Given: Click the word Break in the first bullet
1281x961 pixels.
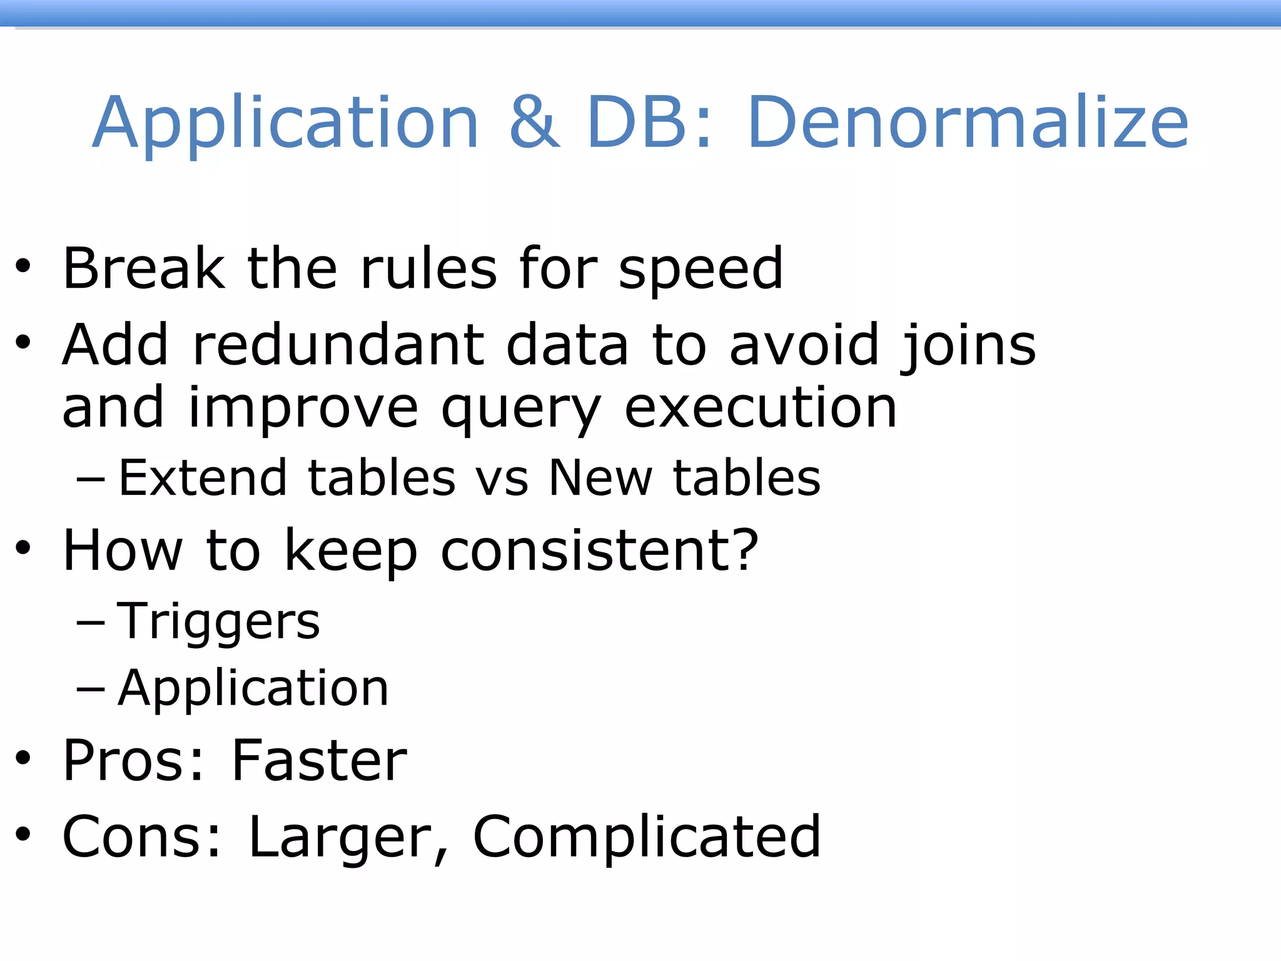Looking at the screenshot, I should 144,268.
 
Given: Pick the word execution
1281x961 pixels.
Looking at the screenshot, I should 761,408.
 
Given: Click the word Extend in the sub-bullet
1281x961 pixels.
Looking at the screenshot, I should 203,478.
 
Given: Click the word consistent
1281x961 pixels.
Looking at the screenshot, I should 587,551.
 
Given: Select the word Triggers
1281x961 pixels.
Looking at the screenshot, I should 218,623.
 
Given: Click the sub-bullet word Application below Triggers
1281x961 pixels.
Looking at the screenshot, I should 253,689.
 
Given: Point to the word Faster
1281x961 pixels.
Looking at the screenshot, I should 319,761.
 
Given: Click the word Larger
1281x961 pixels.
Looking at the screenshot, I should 341,838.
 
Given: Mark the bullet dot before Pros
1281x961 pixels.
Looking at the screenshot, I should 23,759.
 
